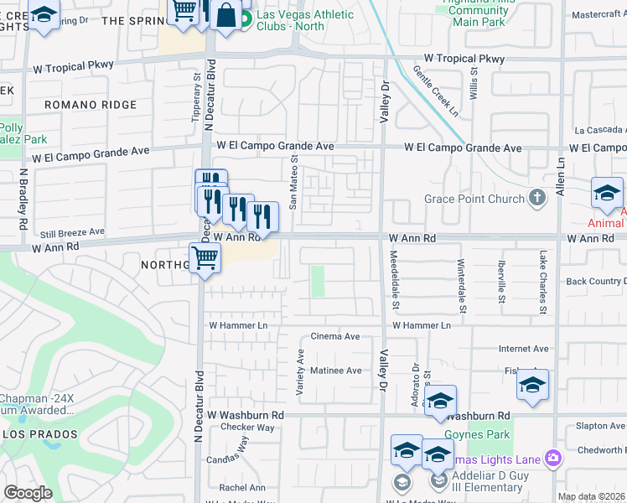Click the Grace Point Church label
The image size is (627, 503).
474,199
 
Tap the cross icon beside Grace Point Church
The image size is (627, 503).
537,199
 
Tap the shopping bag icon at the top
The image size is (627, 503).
225,15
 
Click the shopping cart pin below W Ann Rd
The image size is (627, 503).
205,259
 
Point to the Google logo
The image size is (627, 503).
28,493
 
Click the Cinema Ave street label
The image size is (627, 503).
335,336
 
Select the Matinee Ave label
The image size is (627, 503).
336,371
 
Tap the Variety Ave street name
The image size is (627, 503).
299,373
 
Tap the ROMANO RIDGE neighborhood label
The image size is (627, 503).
91,105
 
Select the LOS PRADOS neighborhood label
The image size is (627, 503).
40,434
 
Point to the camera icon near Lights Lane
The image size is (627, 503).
552,458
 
